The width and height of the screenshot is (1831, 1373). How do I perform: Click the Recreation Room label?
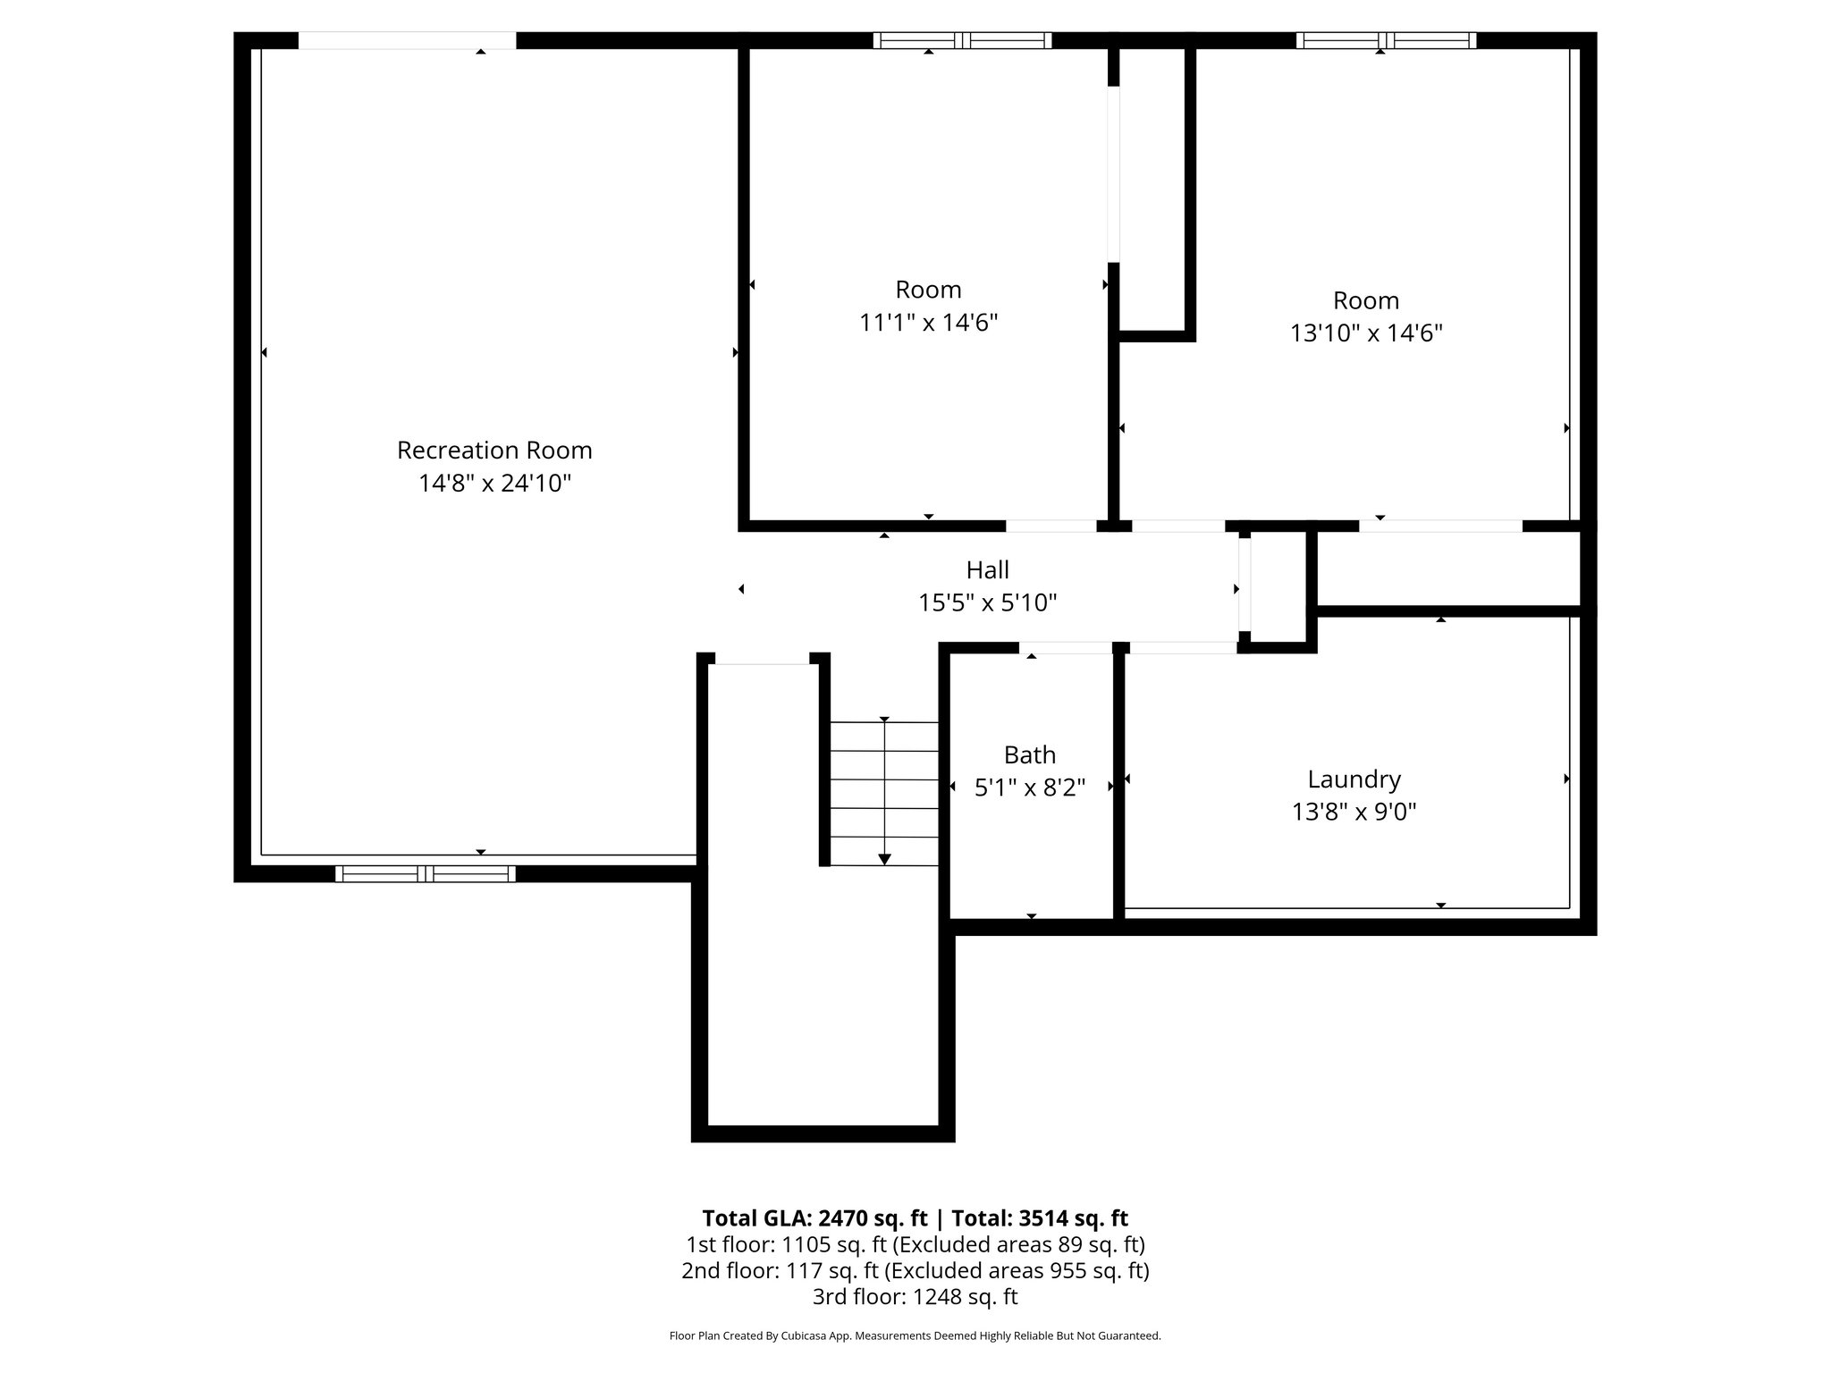[x=494, y=450]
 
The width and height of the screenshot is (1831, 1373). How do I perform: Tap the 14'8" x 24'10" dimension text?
[x=494, y=484]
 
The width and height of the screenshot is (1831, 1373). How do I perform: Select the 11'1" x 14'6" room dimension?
[x=928, y=323]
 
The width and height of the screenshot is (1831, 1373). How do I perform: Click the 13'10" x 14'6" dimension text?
[x=1365, y=333]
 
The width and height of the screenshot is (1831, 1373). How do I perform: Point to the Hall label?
[x=987, y=569]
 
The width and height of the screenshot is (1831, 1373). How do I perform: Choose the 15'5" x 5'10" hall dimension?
[x=987, y=603]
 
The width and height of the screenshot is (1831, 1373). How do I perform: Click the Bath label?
[x=1029, y=755]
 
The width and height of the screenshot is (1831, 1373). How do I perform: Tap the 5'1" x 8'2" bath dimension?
[x=1029, y=788]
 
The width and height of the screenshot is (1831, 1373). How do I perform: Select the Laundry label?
[x=1354, y=779]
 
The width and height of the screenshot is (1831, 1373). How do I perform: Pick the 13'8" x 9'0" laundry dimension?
[x=1354, y=813]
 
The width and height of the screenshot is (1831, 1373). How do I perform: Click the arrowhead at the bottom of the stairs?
[x=884, y=859]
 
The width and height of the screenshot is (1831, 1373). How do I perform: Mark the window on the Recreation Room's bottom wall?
[x=425, y=873]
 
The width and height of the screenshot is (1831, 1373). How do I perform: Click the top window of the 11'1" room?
[x=962, y=40]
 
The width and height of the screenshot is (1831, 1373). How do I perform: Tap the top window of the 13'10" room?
[x=1385, y=40]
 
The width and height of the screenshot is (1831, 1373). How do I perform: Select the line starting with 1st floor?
[x=915, y=1244]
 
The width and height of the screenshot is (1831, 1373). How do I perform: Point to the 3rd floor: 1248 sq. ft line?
[x=915, y=1296]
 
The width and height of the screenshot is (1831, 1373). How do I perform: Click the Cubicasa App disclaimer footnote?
[x=915, y=1335]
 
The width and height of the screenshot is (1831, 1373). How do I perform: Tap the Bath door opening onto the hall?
[x=1066, y=647]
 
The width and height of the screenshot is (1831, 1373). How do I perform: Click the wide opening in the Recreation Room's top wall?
[x=407, y=40]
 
